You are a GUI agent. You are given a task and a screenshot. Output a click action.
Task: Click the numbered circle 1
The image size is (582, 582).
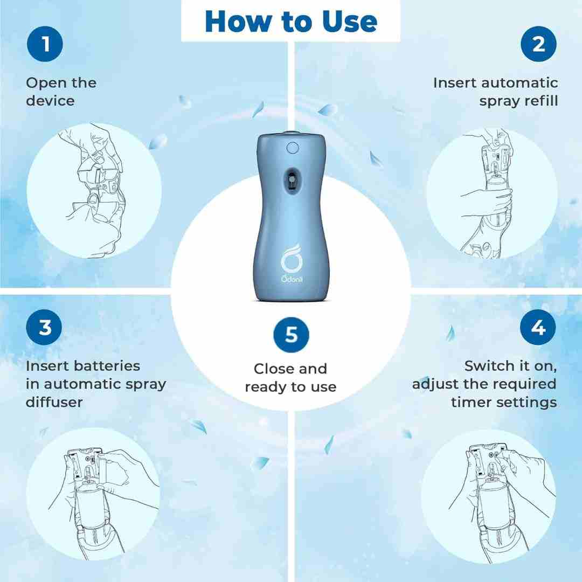coord(45,44)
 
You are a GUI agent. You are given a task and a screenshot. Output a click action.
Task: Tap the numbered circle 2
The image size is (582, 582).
coord(538,44)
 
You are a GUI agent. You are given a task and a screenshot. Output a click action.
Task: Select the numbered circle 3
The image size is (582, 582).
coord(44,328)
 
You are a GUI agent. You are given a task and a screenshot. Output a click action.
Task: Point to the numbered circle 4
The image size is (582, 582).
coord(538,328)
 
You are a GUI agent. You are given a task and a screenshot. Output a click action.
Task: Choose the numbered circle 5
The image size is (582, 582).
coord(292,335)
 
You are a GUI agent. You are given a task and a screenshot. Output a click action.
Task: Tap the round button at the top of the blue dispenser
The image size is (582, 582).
coord(293,148)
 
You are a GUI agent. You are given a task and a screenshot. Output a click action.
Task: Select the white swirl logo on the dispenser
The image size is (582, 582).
coord(292,258)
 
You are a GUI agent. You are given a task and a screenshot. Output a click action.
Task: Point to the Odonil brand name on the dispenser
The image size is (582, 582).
coord(292,279)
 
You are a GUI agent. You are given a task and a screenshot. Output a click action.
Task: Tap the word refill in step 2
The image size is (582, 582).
coord(541,101)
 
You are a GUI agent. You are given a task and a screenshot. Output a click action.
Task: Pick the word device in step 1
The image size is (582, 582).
coord(50,101)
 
